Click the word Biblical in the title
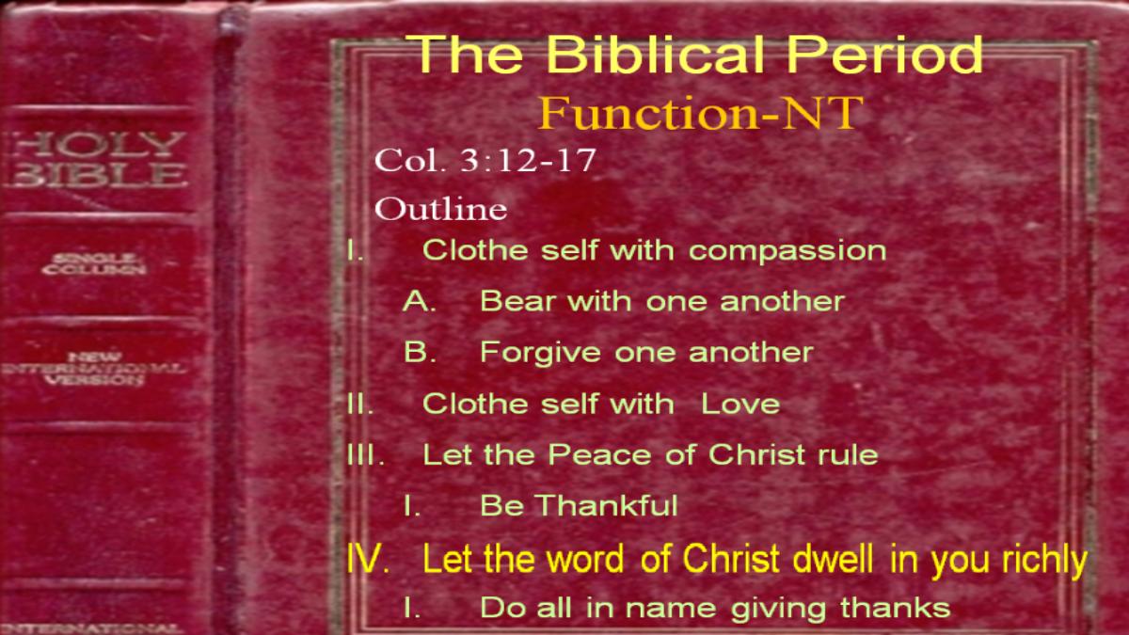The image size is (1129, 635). click(656, 54)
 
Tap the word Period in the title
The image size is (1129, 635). click(885, 54)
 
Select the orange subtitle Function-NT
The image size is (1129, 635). click(700, 113)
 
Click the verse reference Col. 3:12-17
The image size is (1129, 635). click(485, 160)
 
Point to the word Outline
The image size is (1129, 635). click(440, 208)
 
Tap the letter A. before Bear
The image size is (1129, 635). click(420, 301)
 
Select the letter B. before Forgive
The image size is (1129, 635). click(420, 352)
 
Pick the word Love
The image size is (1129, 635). click(740, 405)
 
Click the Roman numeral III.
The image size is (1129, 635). click(365, 455)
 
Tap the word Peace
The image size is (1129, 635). click(599, 455)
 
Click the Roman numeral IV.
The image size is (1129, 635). click(368, 559)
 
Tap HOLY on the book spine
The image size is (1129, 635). click(98, 145)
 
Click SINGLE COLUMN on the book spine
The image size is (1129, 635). click(94, 264)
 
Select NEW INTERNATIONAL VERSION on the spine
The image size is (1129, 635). click(94, 369)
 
